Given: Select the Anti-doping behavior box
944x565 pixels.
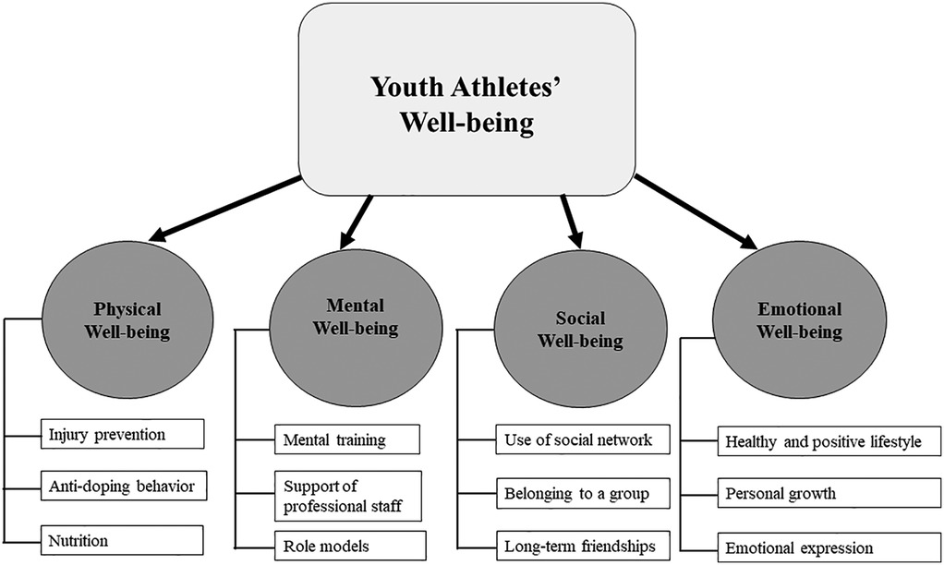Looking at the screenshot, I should (x=122, y=485).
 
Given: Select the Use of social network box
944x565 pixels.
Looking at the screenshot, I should (x=574, y=439).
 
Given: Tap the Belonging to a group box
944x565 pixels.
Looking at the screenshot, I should (x=574, y=493).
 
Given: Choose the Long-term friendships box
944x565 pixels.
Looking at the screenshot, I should (x=574, y=546).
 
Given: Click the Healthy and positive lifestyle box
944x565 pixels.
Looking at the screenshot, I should (x=820, y=441).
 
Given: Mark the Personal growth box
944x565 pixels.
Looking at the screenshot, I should (x=820, y=494).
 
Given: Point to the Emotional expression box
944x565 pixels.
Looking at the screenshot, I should (x=820, y=547).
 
